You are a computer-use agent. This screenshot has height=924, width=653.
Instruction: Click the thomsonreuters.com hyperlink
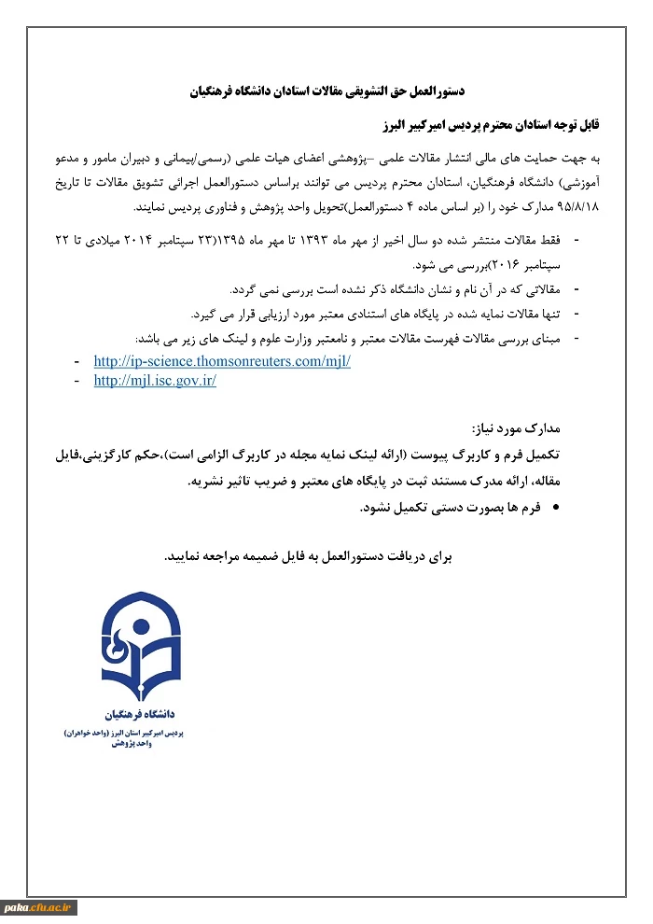(x=222, y=361)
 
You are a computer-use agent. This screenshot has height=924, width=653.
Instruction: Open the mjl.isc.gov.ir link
(x=155, y=381)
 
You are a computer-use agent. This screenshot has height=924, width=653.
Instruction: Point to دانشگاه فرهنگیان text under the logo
(x=141, y=713)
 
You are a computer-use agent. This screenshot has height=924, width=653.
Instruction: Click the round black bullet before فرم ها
(x=557, y=509)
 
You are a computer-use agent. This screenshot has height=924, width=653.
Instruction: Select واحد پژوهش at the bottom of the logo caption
(x=141, y=744)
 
